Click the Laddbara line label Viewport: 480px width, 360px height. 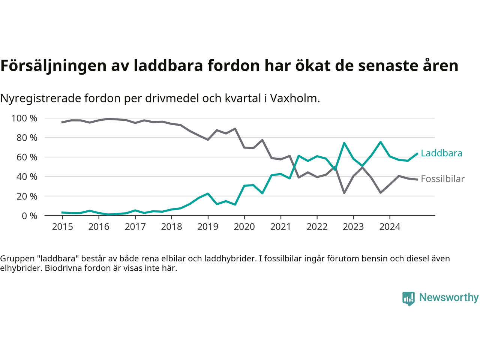pyautogui.click(x=441, y=153)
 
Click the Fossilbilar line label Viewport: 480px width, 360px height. pyautogui.click(x=442, y=179)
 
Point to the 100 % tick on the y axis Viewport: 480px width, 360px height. pyautogui.click(x=24, y=118)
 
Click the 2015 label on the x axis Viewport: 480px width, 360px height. pyautogui.click(x=62, y=227)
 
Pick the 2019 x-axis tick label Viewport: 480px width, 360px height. pyautogui.click(x=208, y=227)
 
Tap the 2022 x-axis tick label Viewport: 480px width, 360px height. pyautogui.click(x=317, y=227)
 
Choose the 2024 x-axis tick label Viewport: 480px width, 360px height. pyautogui.click(x=390, y=227)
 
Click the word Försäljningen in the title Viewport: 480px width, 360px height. pyautogui.click(x=53, y=66)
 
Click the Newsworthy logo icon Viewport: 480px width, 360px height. pyautogui.click(x=408, y=298)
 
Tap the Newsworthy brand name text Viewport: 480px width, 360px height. pyautogui.click(x=448, y=297)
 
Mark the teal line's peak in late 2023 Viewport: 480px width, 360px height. pyautogui.click(x=381, y=142)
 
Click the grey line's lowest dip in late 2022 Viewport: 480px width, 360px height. pyautogui.click(x=344, y=193)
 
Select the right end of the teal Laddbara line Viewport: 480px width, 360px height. pyautogui.click(x=417, y=153)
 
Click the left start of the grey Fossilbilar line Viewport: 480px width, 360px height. pyautogui.click(x=62, y=122)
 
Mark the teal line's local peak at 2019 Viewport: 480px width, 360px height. pyautogui.click(x=208, y=193)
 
